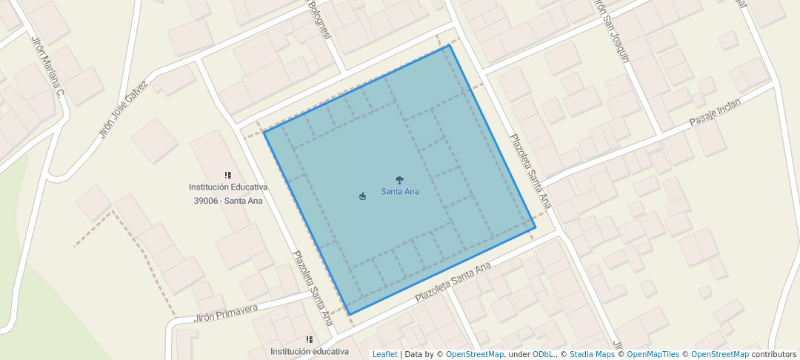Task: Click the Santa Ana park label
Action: point(400,192)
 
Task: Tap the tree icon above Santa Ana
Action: point(400,180)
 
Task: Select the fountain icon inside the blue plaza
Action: point(362,196)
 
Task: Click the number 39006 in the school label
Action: point(207,201)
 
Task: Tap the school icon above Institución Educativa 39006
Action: point(228,176)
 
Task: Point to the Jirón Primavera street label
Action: point(226,313)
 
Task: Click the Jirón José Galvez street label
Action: point(124,110)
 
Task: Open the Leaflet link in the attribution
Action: point(384,355)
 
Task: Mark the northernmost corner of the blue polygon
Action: point(450,45)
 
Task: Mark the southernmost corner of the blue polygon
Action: point(349,315)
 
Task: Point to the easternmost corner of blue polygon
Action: point(535,227)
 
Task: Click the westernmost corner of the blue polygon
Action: point(264,132)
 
